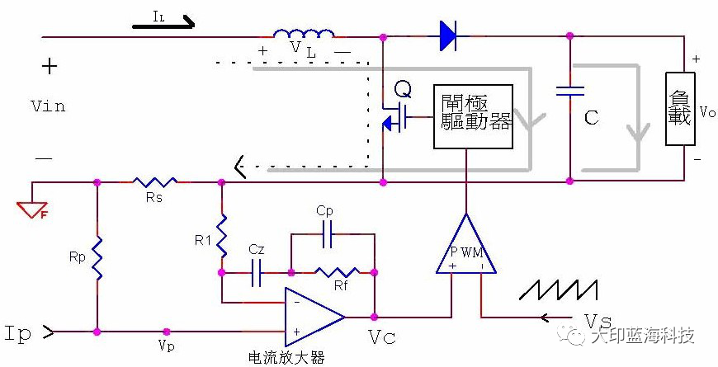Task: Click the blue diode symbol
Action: pos(448,35)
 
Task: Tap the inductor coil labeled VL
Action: pos(304,35)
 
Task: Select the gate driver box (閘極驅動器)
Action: pos(473,115)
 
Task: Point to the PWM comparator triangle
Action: pos(466,247)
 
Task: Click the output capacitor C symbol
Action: pos(569,91)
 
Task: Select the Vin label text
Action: pos(47,106)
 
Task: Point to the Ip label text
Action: pos(18,332)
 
